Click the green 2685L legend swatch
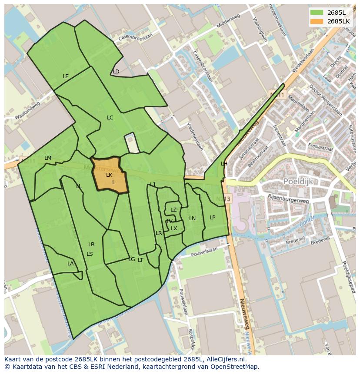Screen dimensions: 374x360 click(x=317, y=12)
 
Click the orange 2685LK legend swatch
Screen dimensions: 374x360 click(x=317, y=21)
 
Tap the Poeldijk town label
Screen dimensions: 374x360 click(x=298, y=181)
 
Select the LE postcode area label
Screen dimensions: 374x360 click(x=66, y=76)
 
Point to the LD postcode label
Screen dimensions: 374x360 click(x=116, y=72)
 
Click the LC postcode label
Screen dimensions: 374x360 click(x=110, y=118)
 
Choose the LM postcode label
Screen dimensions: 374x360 click(x=48, y=158)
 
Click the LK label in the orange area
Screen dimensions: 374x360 click(x=109, y=175)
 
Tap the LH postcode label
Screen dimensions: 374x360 click(x=224, y=164)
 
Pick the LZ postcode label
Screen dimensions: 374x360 click(x=173, y=210)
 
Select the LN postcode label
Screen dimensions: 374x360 click(x=192, y=218)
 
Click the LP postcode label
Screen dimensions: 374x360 click(x=212, y=218)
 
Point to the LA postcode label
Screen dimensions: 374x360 click(x=70, y=264)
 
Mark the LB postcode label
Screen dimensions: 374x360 click(x=91, y=245)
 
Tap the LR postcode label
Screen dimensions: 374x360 click(x=159, y=233)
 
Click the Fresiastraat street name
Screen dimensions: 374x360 click(x=320, y=148)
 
